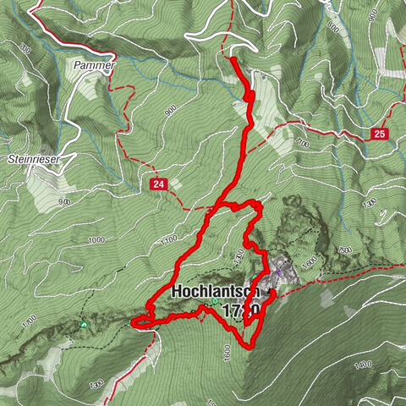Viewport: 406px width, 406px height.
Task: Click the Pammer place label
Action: point(94,64)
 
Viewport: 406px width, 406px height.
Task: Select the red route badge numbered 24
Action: point(157,184)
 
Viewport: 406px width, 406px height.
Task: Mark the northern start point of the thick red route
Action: point(233,58)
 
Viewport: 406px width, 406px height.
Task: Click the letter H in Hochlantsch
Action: point(176,291)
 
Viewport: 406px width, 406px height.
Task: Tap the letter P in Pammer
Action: point(77,64)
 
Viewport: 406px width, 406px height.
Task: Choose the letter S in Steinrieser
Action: point(9,158)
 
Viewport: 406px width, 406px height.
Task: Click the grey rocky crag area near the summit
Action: point(288,271)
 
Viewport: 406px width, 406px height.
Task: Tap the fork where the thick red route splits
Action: point(222,206)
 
